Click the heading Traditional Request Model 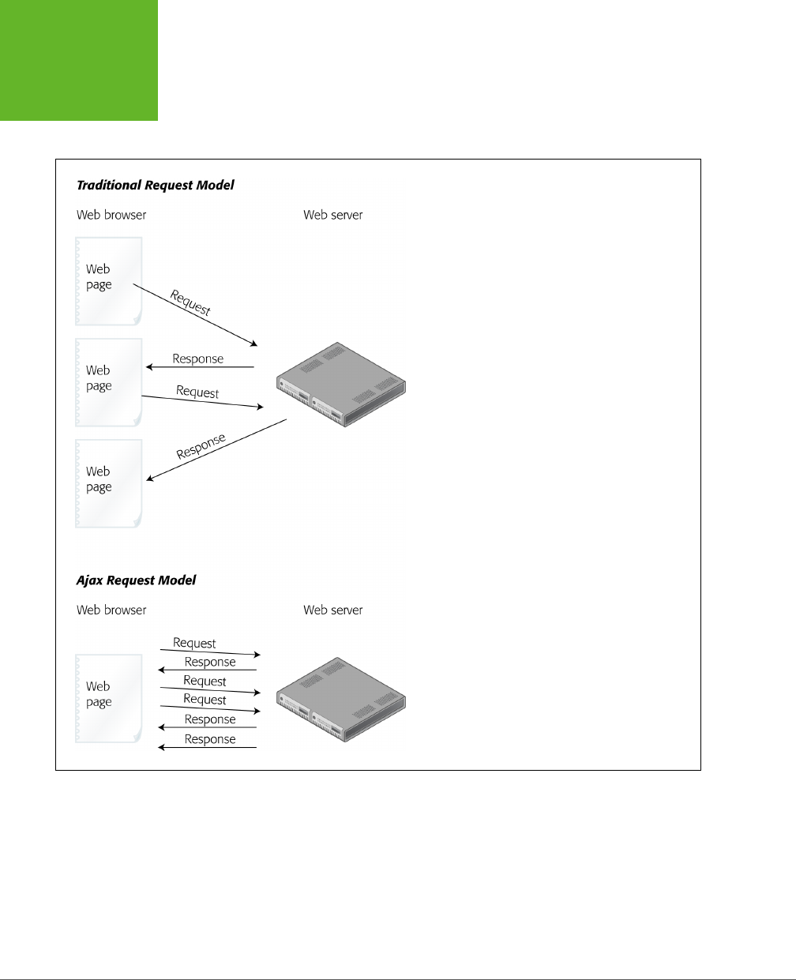tap(155, 186)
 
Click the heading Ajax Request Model tap(136, 580)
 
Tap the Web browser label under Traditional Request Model tap(111, 215)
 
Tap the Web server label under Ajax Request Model tap(332, 610)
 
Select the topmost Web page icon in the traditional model tap(108, 280)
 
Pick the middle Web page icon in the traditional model tap(108, 381)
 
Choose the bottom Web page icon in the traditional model tap(108, 482)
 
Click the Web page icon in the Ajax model tap(108, 697)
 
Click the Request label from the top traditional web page tap(190, 303)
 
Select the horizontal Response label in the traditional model tap(198, 359)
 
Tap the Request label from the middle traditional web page tap(197, 392)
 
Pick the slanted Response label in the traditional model tap(201, 446)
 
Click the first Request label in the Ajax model tap(194, 644)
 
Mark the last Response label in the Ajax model tap(210, 739)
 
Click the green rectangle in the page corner tap(78, 60)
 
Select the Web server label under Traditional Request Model tap(332, 215)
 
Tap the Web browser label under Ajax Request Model tap(111, 610)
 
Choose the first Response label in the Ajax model tap(210, 663)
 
